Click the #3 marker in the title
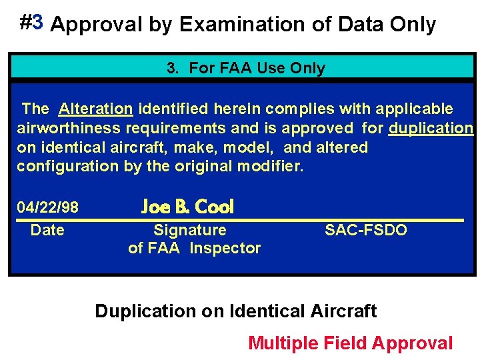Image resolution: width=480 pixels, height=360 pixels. pos(33,23)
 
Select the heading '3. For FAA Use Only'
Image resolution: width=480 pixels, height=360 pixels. pos(246,68)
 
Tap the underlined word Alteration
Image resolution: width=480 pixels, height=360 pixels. pos(95,109)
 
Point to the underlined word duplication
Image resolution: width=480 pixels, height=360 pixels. pos(431,127)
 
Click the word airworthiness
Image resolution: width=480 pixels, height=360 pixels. pos(69,127)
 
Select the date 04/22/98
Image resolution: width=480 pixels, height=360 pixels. pos(47,207)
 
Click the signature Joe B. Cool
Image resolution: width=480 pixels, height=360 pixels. pos(187,207)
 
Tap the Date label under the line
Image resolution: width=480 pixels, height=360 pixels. pos(47,230)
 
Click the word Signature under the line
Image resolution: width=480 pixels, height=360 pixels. pos(190,230)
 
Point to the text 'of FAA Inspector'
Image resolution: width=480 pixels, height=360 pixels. pos(194,248)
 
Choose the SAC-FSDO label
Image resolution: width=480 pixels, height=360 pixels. pos(365,230)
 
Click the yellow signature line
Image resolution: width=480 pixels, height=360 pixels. pos(300,220)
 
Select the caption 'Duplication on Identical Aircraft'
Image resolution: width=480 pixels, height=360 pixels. pos(235,311)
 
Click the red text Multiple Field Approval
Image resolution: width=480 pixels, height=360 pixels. pos(350,343)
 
